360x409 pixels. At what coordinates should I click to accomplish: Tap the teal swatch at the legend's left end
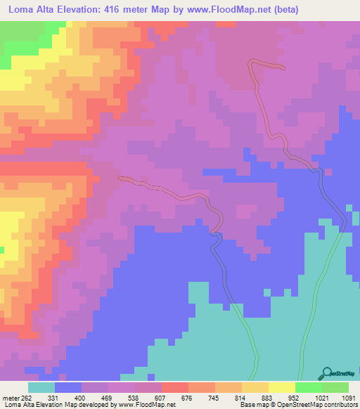point(41,387)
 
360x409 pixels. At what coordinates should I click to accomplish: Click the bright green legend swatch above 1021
point(308,387)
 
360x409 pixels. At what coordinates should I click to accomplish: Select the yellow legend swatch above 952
point(281,387)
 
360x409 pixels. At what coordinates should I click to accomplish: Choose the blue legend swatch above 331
point(67,387)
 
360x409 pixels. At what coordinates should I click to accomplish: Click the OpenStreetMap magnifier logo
point(326,374)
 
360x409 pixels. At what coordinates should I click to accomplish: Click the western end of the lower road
point(121,178)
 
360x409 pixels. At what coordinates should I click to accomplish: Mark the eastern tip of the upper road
point(283,68)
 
